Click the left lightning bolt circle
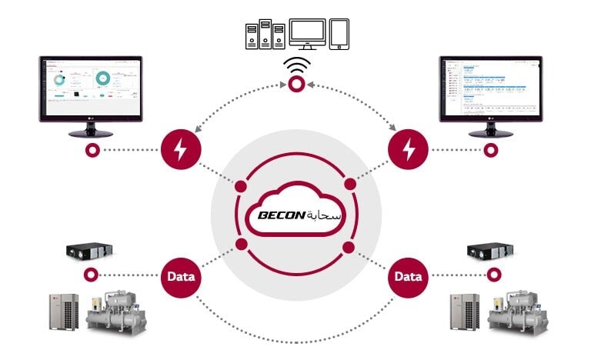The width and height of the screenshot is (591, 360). pos(181,149)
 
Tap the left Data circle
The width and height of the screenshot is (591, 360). pos(181,275)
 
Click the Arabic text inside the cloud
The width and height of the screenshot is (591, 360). pos(322,215)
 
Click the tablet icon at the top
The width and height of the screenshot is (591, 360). pos(339,35)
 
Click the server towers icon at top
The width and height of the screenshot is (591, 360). pos(265,35)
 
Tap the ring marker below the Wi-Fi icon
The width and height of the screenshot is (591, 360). pos(295,89)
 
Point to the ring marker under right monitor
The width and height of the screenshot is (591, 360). pos(487,149)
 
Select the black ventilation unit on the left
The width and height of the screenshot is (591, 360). pos(90,251)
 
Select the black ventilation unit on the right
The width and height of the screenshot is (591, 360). pos(489,251)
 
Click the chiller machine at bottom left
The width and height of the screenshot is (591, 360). pos(115,312)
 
